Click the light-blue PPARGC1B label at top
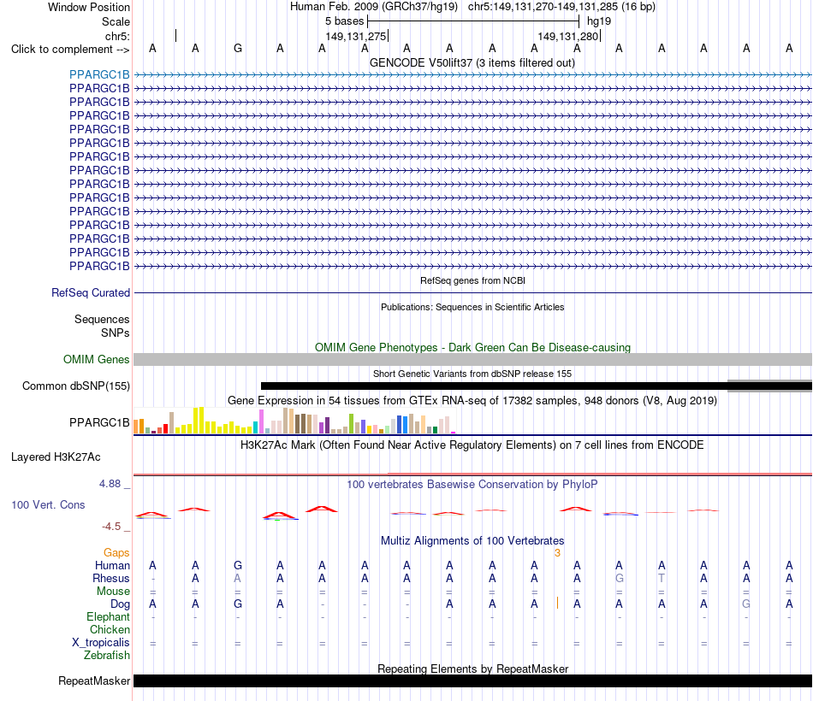(99, 74)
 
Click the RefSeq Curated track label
(91, 292)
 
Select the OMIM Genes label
(97, 360)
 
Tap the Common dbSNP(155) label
(76, 386)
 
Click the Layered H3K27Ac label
(56, 457)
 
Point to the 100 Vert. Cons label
(48, 504)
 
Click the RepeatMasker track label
(94, 680)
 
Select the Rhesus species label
(111, 578)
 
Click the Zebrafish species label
(107, 656)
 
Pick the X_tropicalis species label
(101, 643)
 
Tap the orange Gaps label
(116, 553)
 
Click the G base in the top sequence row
(238, 48)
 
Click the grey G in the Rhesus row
(619, 578)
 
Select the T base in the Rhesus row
(662, 578)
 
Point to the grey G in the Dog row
(746, 604)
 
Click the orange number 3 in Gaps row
(557, 553)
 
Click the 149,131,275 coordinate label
(356, 36)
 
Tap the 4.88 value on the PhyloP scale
(110, 483)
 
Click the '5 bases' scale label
(344, 21)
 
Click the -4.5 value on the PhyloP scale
(111, 527)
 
